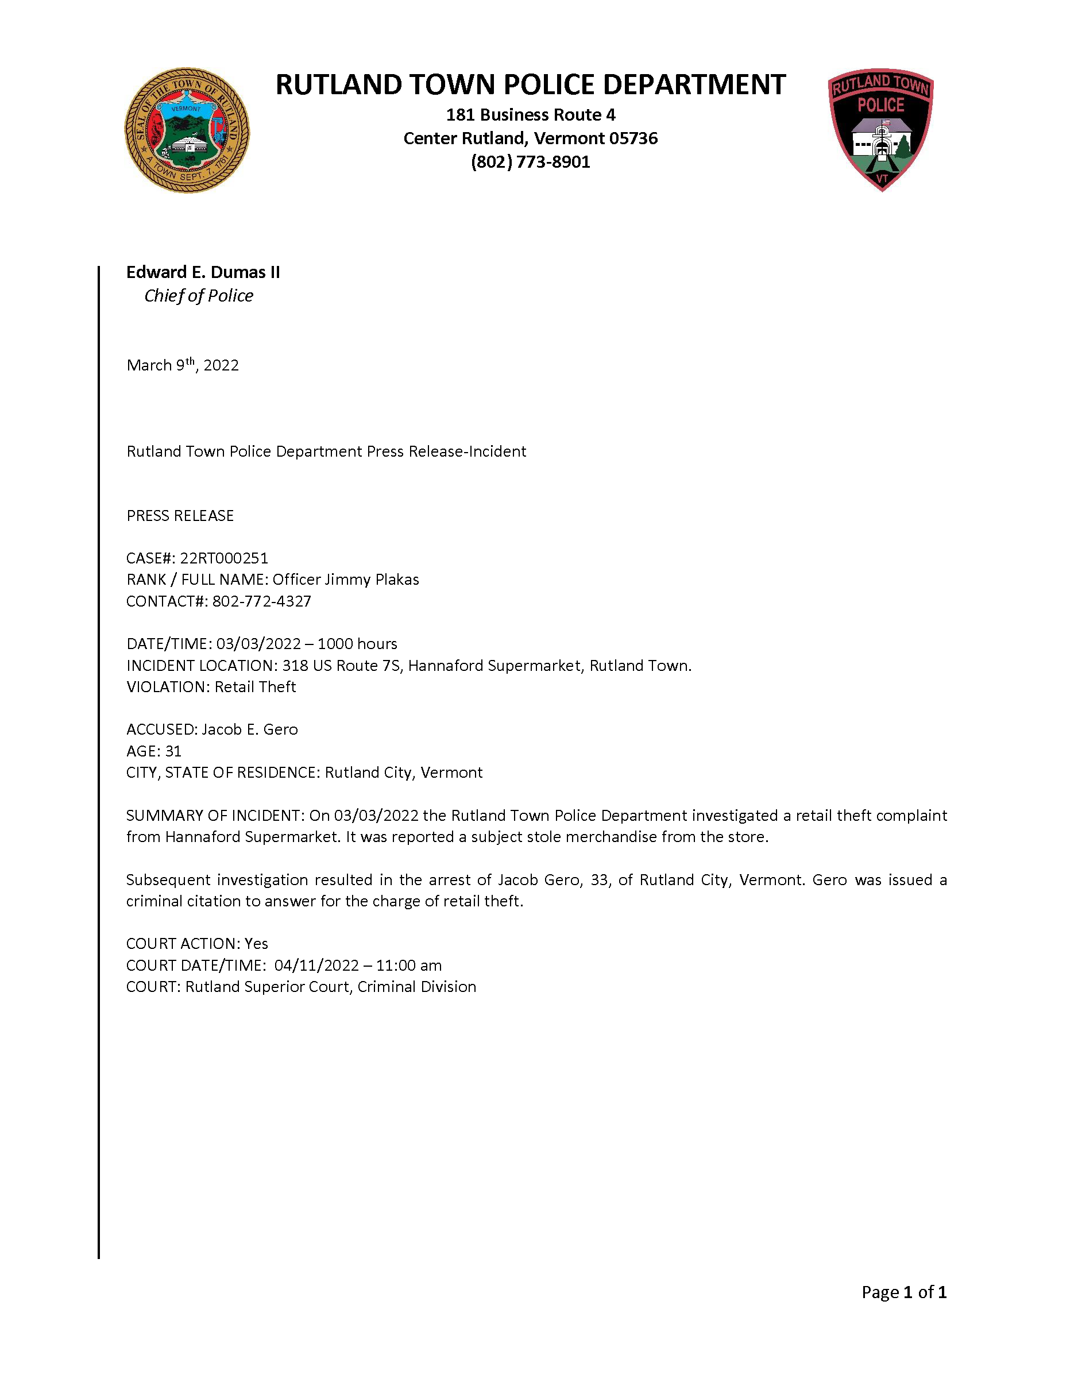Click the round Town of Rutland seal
click(x=187, y=130)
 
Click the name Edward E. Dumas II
click(x=203, y=272)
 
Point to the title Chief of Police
click(x=199, y=296)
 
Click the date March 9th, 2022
click(x=183, y=365)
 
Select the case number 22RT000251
click(x=224, y=558)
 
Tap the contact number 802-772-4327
click(x=261, y=601)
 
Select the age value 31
click(x=173, y=752)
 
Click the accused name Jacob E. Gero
click(x=249, y=729)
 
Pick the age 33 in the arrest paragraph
click(x=600, y=880)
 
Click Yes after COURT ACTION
click(x=256, y=944)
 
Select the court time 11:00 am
click(x=408, y=966)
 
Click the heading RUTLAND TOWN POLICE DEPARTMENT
click(x=530, y=84)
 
